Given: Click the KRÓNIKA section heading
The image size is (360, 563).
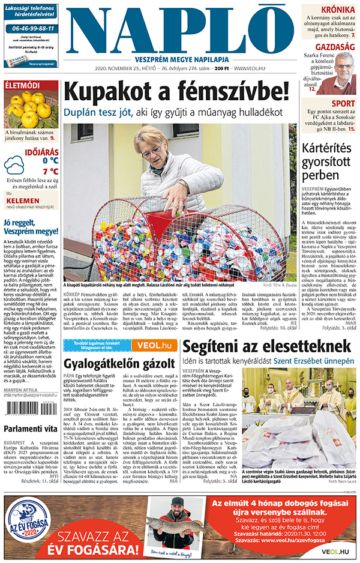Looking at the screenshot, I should (x=337, y=10).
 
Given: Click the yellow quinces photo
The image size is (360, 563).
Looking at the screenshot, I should (x=31, y=109).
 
